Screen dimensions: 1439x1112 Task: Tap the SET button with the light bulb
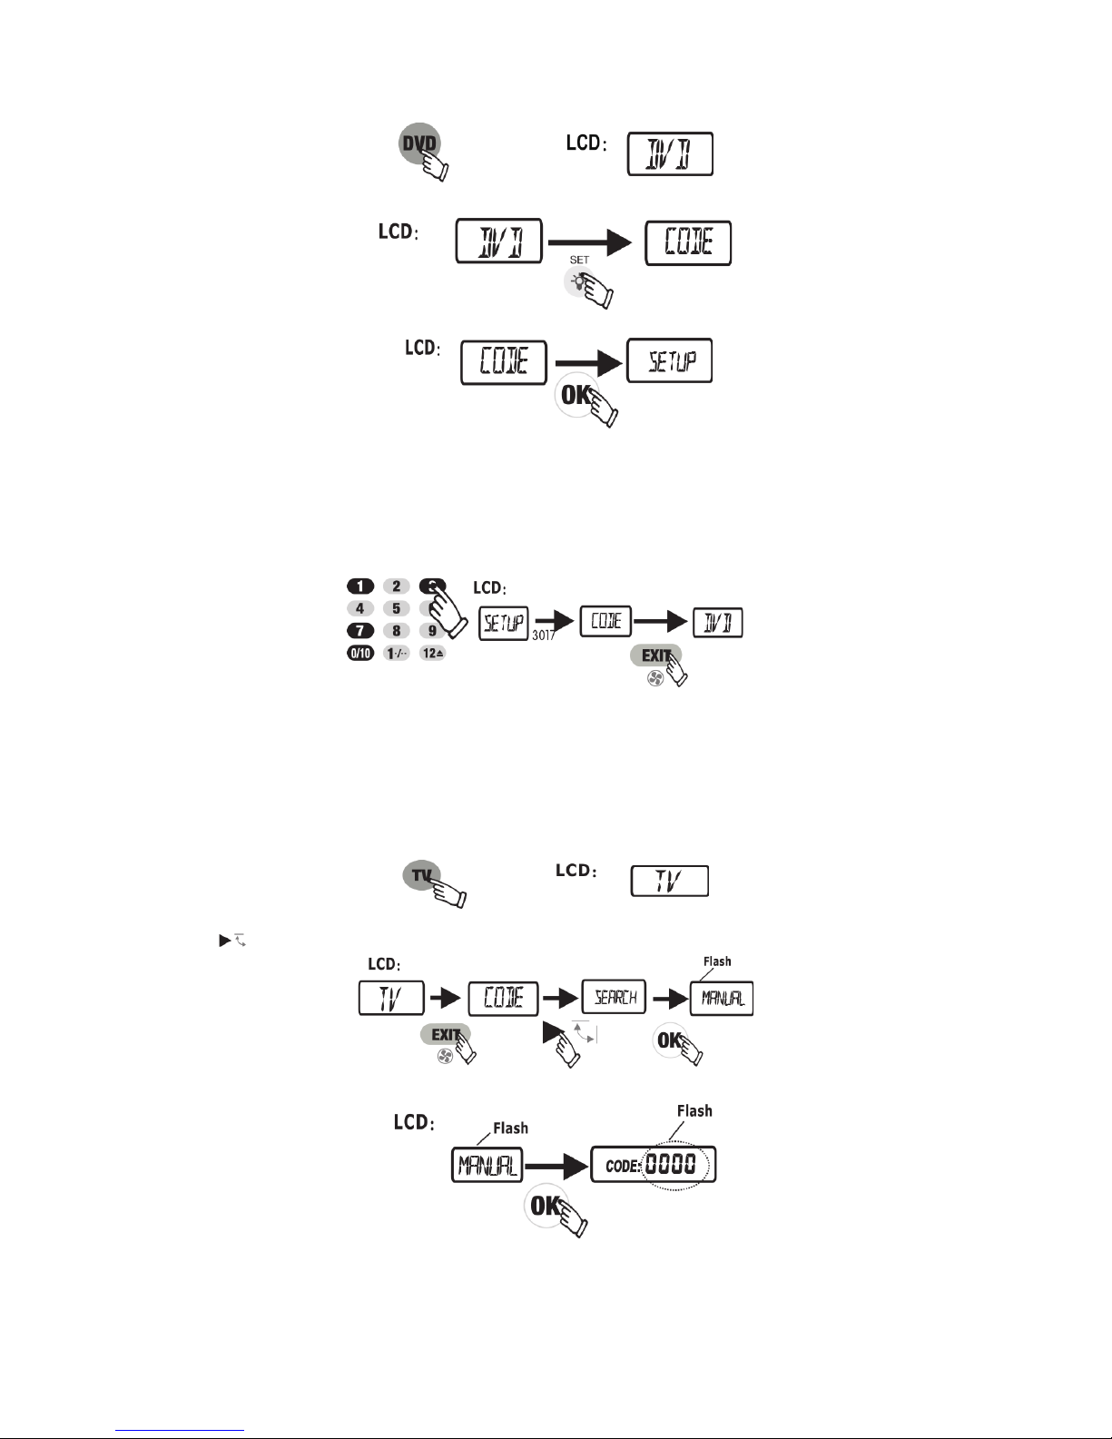[577, 281]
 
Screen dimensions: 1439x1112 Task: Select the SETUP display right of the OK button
[669, 361]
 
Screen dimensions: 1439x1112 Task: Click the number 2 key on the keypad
[396, 586]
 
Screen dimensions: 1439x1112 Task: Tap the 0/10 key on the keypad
[359, 654]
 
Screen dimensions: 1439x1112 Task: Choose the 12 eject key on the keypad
[433, 654]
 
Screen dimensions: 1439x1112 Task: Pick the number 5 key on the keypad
[396, 608]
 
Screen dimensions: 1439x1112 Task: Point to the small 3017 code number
[543, 636]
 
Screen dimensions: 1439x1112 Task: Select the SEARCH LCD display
[614, 998]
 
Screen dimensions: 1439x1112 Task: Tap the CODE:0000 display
[653, 1165]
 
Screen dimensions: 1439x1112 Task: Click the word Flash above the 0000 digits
[694, 1110]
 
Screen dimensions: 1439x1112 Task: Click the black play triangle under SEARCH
[552, 1033]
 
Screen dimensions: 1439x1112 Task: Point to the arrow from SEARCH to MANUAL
[670, 999]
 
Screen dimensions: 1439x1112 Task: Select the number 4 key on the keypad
[359, 608]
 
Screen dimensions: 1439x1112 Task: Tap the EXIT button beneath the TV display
[444, 1034]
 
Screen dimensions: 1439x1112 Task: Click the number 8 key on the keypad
[396, 631]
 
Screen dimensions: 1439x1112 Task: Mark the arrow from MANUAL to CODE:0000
[555, 1165]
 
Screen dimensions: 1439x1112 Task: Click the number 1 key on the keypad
[359, 586]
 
